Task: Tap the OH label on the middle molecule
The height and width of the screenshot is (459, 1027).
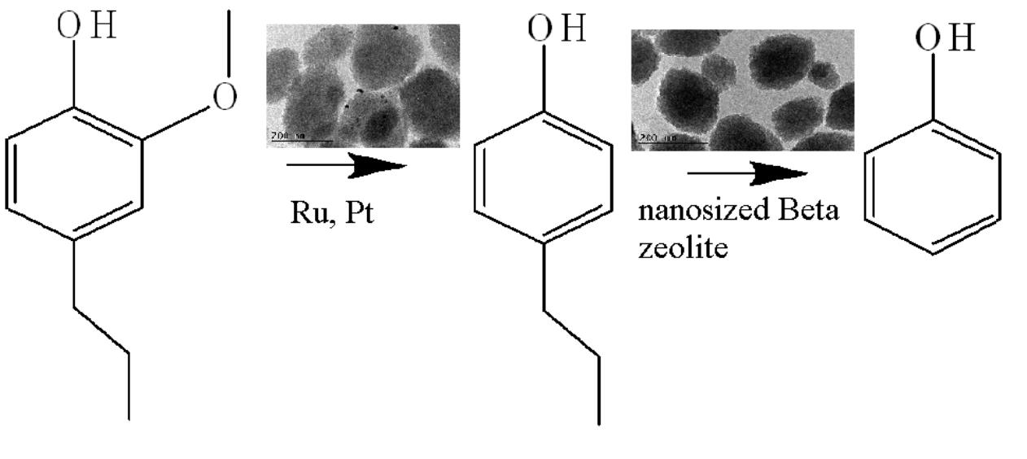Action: (x=556, y=30)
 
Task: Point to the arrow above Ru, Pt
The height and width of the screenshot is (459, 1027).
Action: (x=347, y=167)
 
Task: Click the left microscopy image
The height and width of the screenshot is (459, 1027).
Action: (x=363, y=85)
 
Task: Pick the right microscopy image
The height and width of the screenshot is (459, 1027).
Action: (x=742, y=90)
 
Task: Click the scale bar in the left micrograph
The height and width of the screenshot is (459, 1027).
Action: (x=300, y=139)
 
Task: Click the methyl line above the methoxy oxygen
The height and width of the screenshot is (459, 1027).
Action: (x=229, y=41)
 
